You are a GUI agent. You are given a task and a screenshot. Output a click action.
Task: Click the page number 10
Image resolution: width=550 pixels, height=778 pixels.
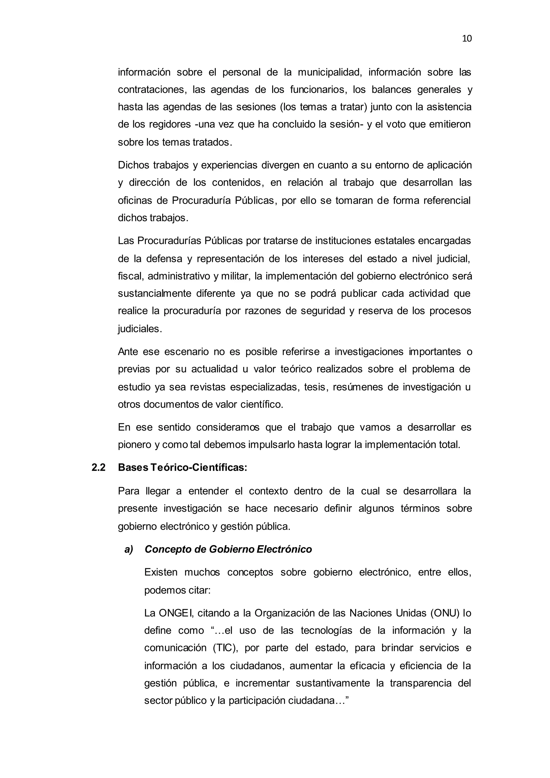coord(466,39)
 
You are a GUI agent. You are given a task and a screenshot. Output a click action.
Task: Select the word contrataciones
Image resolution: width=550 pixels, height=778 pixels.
coord(152,89)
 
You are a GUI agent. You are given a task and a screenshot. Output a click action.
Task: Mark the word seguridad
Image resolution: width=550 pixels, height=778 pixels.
coord(323,311)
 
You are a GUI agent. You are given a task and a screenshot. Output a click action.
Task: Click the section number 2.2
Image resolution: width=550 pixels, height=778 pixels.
coord(99,468)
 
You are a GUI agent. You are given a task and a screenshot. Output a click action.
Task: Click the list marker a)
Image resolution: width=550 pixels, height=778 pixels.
coord(129,549)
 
